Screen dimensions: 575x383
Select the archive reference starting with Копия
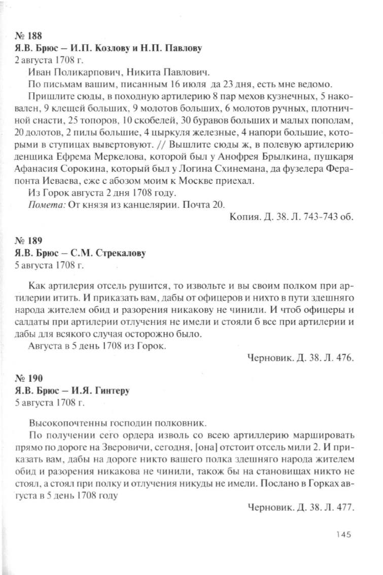point(287,216)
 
